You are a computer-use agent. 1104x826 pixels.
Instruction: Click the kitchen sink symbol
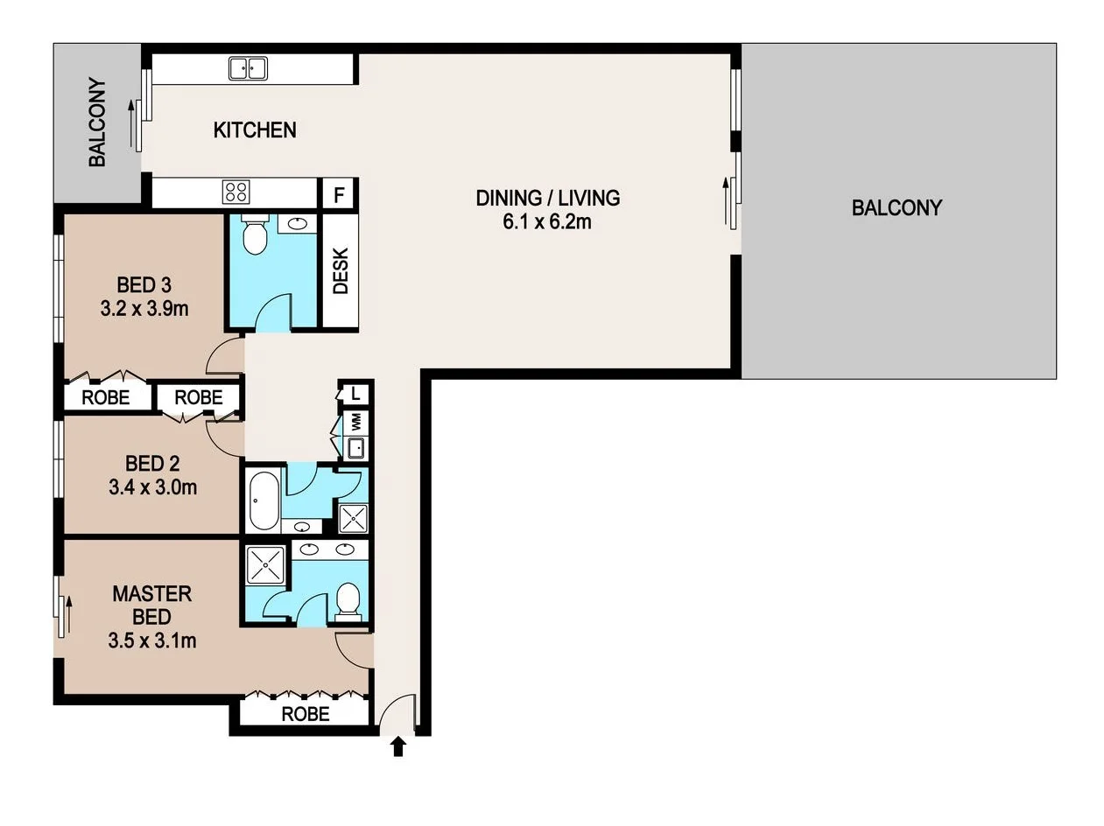point(248,68)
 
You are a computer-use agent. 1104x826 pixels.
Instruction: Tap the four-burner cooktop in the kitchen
point(236,192)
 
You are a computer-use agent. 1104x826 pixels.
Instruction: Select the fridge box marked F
point(340,194)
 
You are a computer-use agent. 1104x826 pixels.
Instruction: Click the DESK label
point(341,270)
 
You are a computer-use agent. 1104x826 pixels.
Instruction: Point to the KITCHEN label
point(255,130)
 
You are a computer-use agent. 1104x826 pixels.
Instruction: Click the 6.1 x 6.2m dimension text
point(547,221)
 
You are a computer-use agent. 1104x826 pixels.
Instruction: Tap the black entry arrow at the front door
point(398,746)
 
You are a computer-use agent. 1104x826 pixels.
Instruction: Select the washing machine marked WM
point(356,423)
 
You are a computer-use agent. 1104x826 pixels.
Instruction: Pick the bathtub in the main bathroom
point(264,500)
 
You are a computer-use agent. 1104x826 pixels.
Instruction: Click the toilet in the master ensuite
point(348,601)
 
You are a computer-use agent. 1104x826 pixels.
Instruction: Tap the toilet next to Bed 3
point(255,234)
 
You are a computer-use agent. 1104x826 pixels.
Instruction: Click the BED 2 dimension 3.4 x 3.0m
point(153,486)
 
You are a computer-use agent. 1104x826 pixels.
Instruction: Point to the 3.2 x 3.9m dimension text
point(144,309)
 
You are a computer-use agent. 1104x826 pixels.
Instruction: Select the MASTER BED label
point(151,605)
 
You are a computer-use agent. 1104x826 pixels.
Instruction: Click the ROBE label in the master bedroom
point(306,714)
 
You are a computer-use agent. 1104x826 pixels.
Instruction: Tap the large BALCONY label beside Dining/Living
point(897,207)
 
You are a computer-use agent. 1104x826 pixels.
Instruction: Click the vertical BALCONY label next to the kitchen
point(97,122)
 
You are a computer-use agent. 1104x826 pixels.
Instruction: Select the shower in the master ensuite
point(265,565)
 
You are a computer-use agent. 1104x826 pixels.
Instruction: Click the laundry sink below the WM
point(356,448)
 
